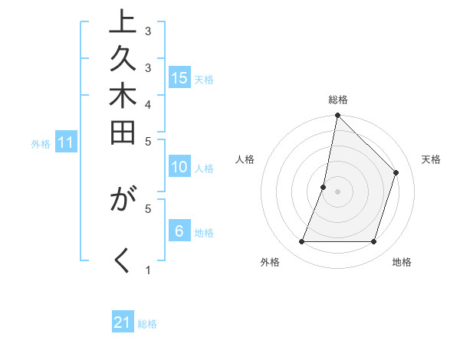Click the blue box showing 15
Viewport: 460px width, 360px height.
[x=179, y=78]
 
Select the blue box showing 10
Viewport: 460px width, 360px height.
[x=179, y=168]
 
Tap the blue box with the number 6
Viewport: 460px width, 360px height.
[x=179, y=232]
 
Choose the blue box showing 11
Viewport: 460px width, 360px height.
[x=66, y=142]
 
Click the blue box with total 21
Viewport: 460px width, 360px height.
[x=123, y=323]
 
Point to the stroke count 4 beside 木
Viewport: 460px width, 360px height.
[x=148, y=103]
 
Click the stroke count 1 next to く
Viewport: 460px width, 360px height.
[x=148, y=270]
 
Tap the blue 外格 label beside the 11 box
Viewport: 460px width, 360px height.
[x=41, y=143]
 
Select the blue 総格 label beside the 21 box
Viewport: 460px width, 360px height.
[x=147, y=324]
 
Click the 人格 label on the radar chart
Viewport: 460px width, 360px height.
[x=245, y=159]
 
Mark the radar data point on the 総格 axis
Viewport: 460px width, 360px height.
[x=337, y=116]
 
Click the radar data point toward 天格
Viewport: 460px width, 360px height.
[x=396, y=172]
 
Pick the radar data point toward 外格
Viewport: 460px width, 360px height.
[x=301, y=242]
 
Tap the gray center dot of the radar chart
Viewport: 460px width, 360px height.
[x=337, y=191]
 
